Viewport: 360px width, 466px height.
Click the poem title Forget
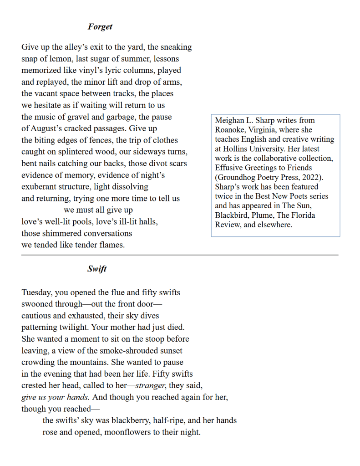click(x=100, y=27)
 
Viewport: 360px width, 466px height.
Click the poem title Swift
click(x=97, y=269)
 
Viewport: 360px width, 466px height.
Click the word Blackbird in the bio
click(x=232, y=215)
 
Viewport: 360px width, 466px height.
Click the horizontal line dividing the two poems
click(x=180, y=255)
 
